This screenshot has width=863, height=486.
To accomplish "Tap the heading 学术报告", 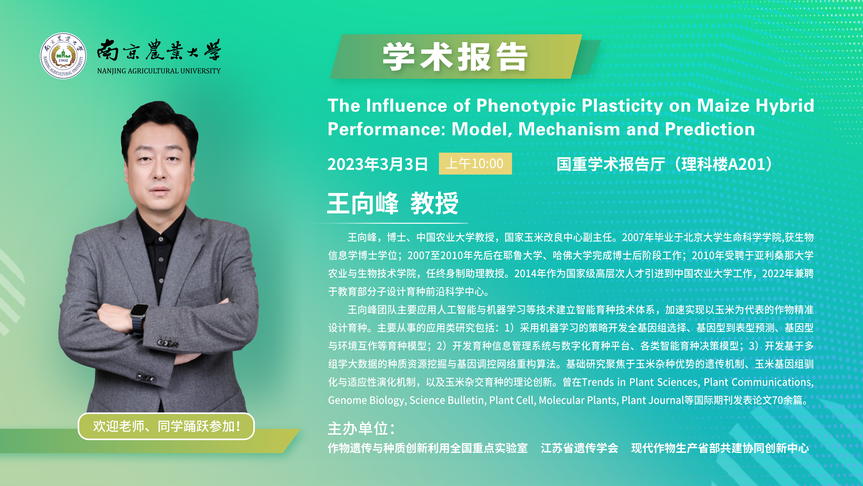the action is click(455, 57).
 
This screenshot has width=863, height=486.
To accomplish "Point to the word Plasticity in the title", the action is click(622, 106).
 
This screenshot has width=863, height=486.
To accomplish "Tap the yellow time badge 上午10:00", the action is click(475, 164).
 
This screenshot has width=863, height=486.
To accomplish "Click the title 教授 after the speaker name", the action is click(434, 203).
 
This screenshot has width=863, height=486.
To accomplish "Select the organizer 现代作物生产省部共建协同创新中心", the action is click(720, 448).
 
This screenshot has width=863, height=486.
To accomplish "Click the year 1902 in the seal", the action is click(63, 60).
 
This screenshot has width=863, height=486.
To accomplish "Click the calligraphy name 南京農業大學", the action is click(159, 50).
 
